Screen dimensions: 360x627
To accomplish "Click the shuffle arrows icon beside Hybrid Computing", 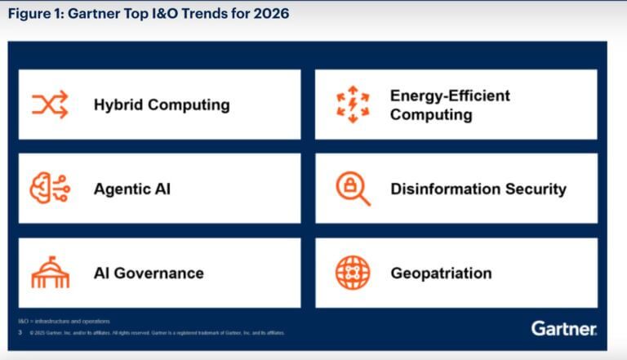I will pos(50,104).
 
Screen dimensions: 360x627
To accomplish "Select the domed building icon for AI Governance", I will pos(50,273).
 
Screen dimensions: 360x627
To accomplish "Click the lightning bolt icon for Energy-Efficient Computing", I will pos(353,104).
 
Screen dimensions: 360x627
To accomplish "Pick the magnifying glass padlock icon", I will pos(353,189).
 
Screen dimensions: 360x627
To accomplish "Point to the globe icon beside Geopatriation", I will pos(353,273).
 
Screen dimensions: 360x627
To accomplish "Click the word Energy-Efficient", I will pos(450,96).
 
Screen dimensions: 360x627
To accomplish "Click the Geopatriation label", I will pos(441,273).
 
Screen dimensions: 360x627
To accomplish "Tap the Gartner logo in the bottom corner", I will pos(564,328).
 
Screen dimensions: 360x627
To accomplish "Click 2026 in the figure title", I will pos(266,14).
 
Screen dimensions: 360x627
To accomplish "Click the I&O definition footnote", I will pos(64,321).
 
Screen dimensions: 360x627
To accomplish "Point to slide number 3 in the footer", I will pos(19,332).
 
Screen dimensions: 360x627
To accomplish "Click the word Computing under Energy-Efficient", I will pos(430,114).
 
